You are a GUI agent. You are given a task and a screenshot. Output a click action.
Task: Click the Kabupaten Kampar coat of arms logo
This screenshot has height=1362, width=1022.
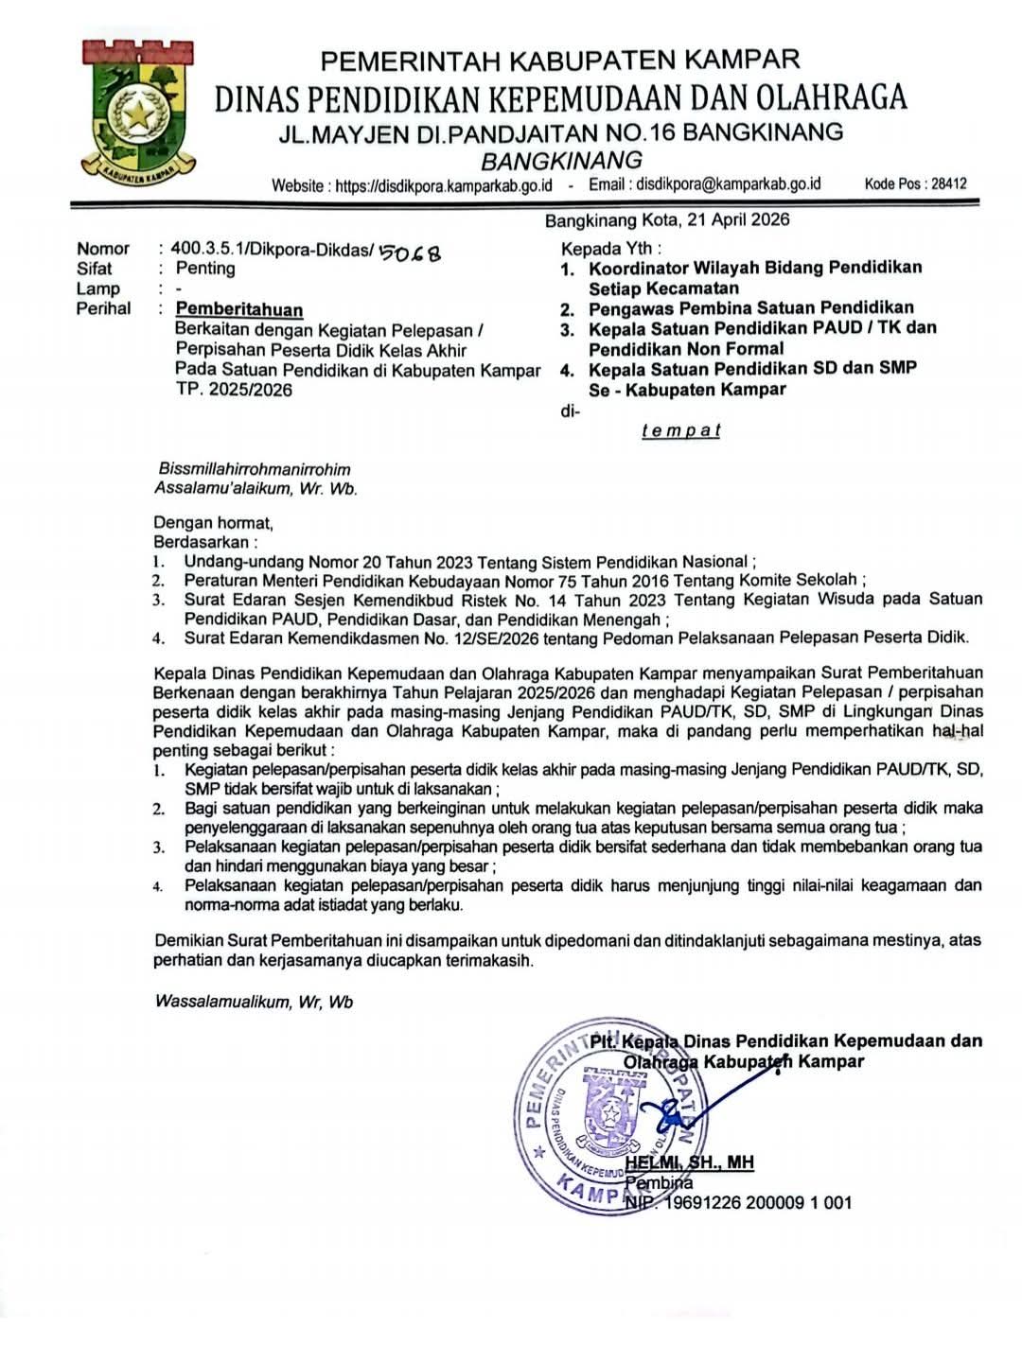(x=138, y=112)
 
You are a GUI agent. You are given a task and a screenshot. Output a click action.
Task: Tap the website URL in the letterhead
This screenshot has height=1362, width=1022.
(x=443, y=184)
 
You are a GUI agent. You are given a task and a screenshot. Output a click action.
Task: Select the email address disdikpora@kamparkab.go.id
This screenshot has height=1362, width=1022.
(x=728, y=184)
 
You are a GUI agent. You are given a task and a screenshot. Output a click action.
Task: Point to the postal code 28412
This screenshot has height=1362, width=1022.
(x=948, y=183)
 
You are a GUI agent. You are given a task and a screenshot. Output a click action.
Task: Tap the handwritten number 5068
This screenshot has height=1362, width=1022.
(x=409, y=252)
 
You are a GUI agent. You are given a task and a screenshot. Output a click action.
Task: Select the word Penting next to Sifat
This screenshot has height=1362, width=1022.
(x=205, y=269)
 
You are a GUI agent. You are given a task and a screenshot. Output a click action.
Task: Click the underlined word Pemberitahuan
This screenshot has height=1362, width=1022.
(x=239, y=309)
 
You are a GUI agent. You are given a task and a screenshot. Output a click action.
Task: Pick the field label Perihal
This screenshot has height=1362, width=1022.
(x=104, y=308)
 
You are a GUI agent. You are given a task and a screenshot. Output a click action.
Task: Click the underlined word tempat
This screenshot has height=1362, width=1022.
(x=680, y=430)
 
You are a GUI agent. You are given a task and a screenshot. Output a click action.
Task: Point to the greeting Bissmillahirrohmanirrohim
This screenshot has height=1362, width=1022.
(x=255, y=469)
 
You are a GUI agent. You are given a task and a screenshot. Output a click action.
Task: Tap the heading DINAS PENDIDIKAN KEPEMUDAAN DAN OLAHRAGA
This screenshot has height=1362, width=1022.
(x=560, y=97)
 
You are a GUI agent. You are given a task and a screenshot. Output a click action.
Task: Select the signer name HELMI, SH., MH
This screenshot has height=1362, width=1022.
(x=689, y=1162)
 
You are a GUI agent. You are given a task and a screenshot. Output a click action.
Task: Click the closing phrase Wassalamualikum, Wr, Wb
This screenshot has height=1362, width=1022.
(x=254, y=1002)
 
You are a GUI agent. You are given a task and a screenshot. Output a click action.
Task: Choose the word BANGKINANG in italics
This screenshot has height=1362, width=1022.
(x=561, y=160)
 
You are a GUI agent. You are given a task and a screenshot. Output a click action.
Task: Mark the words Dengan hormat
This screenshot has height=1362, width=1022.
(x=213, y=522)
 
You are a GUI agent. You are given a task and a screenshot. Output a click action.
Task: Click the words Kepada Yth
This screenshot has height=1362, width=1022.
(x=609, y=249)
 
